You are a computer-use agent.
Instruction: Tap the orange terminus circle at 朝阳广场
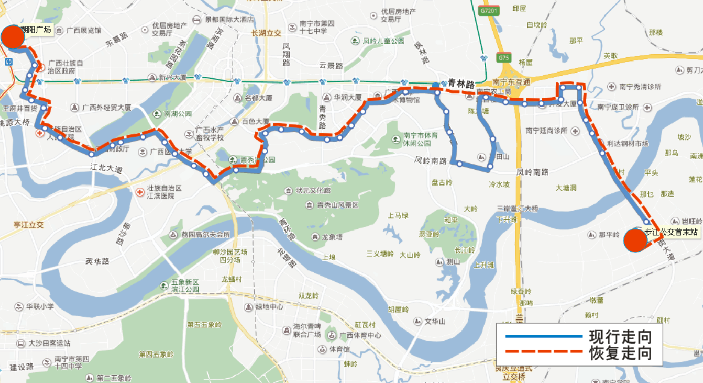[x=13, y=36]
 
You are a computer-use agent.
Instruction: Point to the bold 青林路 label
[x=461, y=84]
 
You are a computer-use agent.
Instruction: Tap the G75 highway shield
[x=504, y=58]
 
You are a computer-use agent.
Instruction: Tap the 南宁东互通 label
[x=511, y=82]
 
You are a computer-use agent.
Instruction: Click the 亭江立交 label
[x=29, y=225]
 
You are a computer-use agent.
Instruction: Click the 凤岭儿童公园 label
[x=383, y=42]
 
